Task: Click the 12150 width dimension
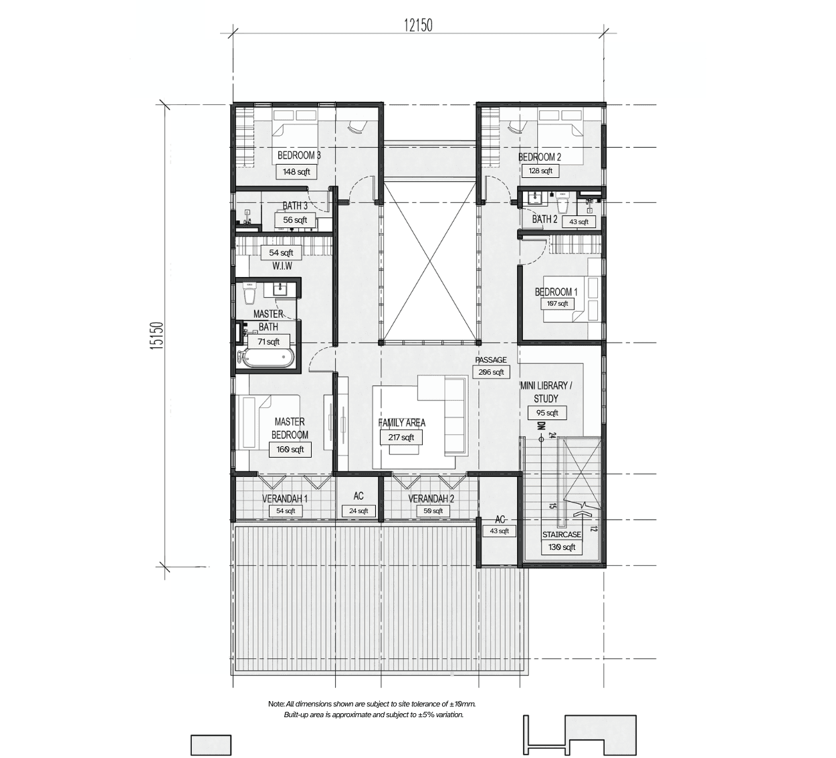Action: (418, 25)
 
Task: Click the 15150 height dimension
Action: (157, 335)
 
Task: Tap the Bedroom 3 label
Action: (299, 155)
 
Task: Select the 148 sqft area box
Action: (296, 171)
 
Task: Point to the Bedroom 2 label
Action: (539, 157)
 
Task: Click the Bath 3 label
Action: (295, 205)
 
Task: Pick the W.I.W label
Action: (282, 266)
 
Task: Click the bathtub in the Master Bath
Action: (267, 359)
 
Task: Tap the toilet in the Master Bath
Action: (249, 292)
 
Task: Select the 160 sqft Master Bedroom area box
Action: (290, 450)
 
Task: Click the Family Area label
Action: (402, 423)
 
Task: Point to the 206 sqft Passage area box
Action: (491, 372)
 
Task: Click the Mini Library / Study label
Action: (546, 392)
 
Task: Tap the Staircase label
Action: (561, 535)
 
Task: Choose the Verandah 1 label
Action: (285, 498)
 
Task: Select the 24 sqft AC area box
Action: (358, 510)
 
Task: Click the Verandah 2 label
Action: (431, 498)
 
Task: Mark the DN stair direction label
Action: (541, 426)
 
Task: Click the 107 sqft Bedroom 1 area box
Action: (557, 304)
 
